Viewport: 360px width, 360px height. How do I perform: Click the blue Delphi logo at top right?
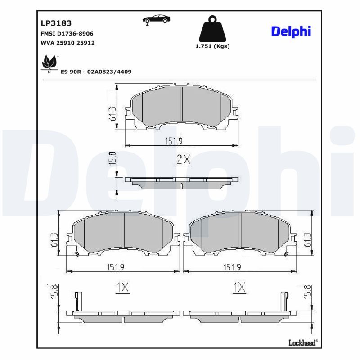(x=291, y=31)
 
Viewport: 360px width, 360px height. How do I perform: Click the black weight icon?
(x=212, y=29)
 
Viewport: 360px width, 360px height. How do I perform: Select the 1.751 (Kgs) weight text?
(x=212, y=46)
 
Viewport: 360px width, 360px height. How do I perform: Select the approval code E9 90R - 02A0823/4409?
(x=96, y=72)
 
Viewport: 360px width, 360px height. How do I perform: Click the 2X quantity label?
(x=183, y=159)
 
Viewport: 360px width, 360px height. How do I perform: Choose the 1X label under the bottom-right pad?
(x=239, y=287)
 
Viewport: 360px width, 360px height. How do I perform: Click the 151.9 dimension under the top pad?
(x=173, y=141)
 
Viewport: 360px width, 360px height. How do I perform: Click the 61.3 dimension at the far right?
(x=308, y=240)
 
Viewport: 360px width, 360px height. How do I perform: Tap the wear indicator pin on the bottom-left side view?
(x=78, y=300)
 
